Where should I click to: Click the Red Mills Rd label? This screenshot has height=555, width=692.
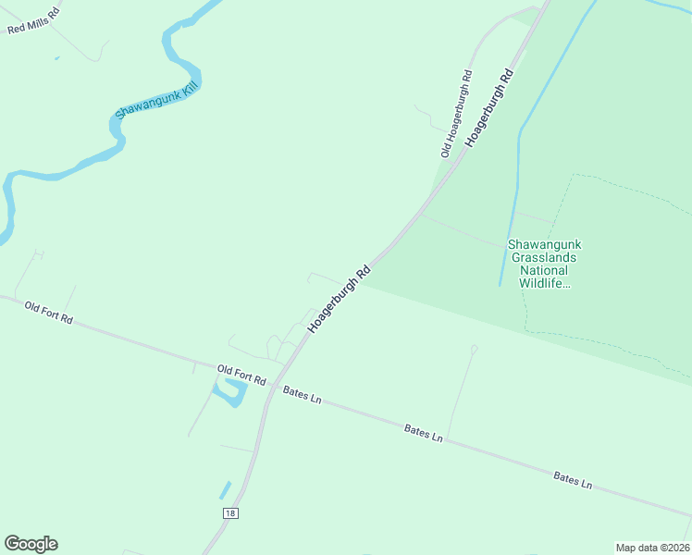32,20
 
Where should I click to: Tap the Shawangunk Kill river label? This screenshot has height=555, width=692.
156,100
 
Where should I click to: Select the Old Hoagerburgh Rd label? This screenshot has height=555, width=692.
457,113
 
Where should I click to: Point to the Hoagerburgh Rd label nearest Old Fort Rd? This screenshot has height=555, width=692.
339,300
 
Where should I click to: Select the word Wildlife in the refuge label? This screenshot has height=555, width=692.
544,283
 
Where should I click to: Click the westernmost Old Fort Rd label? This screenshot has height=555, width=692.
48,312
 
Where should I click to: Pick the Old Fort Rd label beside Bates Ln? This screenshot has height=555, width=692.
241,375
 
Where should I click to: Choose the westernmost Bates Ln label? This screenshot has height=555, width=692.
303,395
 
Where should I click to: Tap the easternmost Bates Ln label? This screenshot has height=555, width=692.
573,479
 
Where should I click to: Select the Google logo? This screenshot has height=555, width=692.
31,544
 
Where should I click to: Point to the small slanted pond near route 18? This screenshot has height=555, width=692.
224,489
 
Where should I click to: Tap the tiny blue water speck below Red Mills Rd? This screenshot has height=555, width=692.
56,58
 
